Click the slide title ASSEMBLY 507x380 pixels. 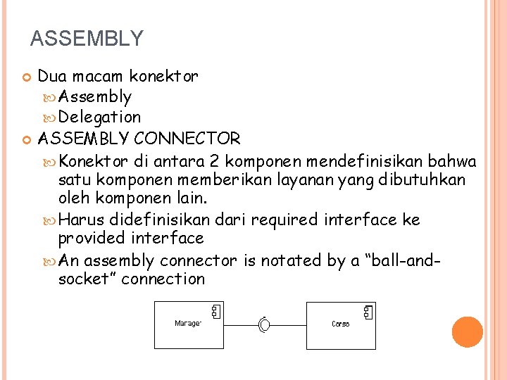pyautogui.click(x=87, y=38)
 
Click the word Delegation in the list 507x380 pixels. pyautogui.click(x=99, y=117)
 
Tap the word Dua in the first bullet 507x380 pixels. pyautogui.click(x=51, y=75)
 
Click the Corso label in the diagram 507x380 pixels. pyautogui.click(x=340, y=324)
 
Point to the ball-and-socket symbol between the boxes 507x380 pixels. pyautogui.click(x=264, y=324)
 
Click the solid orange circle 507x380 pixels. pyautogui.click(x=467, y=332)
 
